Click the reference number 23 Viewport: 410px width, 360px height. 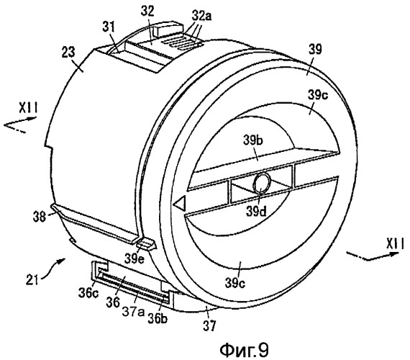(x=68, y=52)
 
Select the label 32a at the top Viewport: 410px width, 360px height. (x=201, y=17)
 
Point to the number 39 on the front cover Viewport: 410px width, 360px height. (x=315, y=49)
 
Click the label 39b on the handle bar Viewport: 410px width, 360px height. (x=253, y=140)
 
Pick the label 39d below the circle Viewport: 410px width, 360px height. (x=256, y=212)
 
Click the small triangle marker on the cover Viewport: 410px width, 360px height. (x=181, y=203)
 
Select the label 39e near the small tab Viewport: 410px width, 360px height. (x=135, y=258)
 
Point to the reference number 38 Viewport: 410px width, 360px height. (x=40, y=217)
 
